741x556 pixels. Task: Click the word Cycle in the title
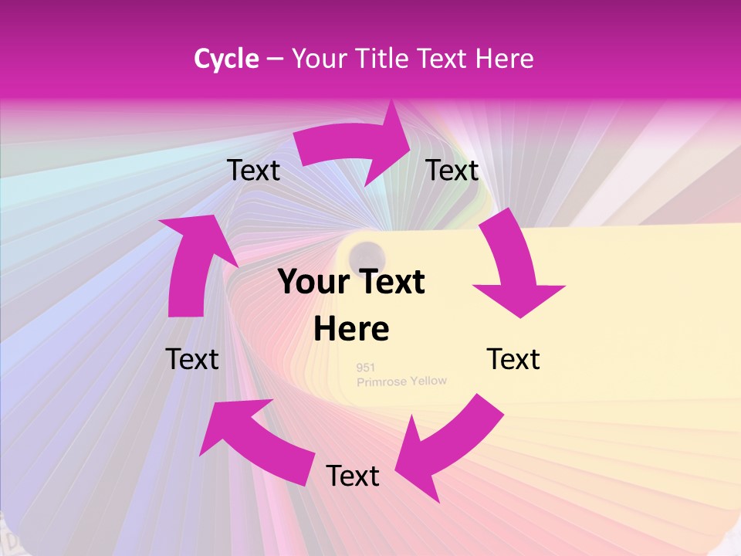click(x=225, y=59)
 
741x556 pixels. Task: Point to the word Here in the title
click(x=505, y=59)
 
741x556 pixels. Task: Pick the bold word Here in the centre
click(x=351, y=329)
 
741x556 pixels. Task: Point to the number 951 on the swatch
click(x=366, y=368)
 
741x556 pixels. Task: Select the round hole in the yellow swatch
click(x=367, y=254)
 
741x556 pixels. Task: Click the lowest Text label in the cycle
click(x=353, y=476)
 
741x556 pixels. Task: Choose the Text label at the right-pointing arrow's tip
click(x=452, y=170)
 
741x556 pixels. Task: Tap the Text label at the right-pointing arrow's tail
click(x=253, y=170)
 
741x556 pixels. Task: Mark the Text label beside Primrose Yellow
click(x=513, y=359)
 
